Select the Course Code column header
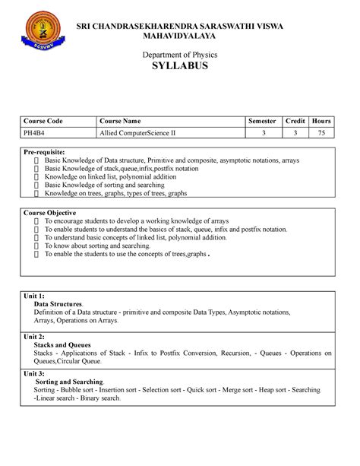tap(43, 122)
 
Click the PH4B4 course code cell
tap(35, 132)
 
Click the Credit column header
tap(295, 122)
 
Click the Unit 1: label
tap(34, 295)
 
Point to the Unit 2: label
tap(34, 335)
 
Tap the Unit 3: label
tap(34, 373)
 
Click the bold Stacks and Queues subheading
tap(66, 344)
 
